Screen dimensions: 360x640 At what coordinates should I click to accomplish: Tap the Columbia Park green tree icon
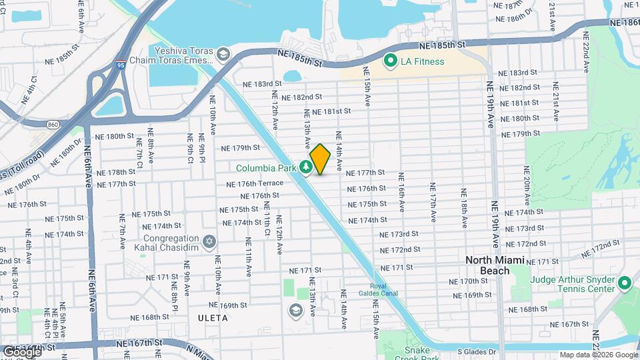pos(307,167)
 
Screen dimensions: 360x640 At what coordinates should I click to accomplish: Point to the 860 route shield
pos(52,124)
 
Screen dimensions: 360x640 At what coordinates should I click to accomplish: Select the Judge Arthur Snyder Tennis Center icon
pos(625,283)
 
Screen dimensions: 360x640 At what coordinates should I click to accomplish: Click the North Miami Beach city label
pos(496,265)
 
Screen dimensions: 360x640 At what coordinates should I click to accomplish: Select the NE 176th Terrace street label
pos(255,184)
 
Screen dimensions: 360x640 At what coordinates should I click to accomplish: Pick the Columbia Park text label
pos(266,167)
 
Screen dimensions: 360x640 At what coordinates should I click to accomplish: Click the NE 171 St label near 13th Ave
pos(305,270)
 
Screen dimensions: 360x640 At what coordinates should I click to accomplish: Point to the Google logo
pos(21,351)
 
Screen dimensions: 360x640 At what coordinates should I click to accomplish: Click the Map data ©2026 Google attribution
pos(598,355)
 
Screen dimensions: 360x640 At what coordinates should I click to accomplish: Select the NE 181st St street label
pos(331,111)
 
